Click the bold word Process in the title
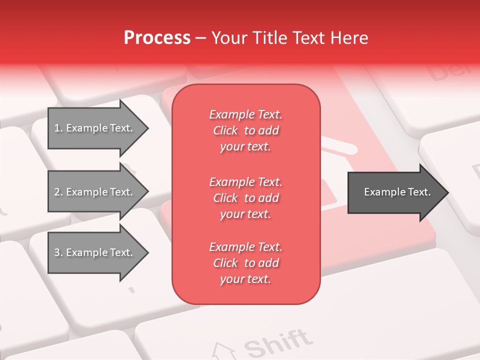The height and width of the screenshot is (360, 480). point(157,38)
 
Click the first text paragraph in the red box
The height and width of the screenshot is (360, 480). point(245,130)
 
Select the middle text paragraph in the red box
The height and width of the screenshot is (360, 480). point(245,198)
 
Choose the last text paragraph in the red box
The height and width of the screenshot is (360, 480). point(245,263)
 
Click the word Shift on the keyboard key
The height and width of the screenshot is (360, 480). point(276,342)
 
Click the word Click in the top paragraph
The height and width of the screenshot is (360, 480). point(225,131)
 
